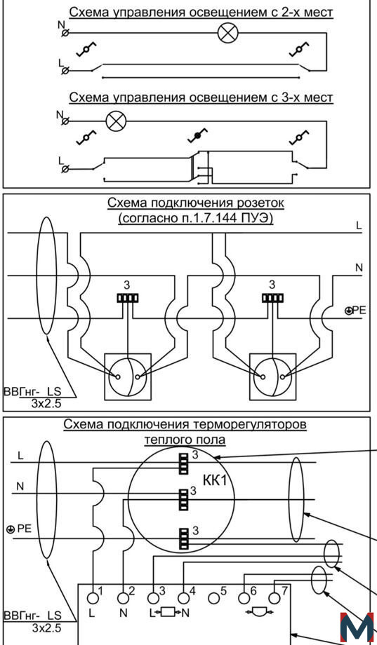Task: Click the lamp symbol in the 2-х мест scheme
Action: coord(227,33)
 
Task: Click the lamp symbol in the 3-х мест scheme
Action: coord(115,121)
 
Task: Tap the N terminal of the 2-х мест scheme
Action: coord(65,33)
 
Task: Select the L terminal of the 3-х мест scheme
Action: coord(65,169)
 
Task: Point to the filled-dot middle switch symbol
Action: coord(197,136)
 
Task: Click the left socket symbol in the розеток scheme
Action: coord(128,376)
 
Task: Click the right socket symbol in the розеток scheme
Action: coord(272,376)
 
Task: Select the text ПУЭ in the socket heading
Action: coord(258,219)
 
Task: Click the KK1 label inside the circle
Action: coord(215,480)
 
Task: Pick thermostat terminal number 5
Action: coord(213,598)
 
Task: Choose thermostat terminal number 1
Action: coord(93,598)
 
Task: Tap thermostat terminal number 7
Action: coord(274,598)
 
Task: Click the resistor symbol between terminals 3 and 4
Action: coord(168,613)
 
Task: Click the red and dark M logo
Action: coord(357,629)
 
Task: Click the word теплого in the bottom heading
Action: coord(164,440)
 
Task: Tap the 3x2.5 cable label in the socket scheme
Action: coord(46,404)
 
